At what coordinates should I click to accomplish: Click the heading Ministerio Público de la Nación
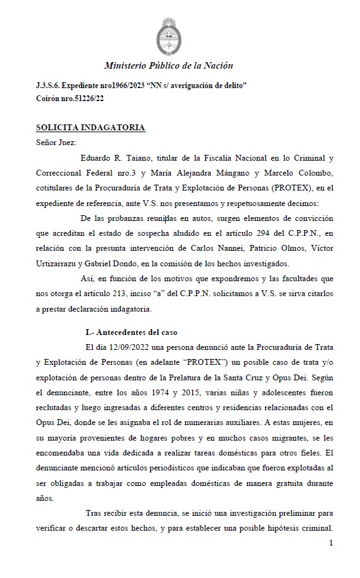(168, 65)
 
